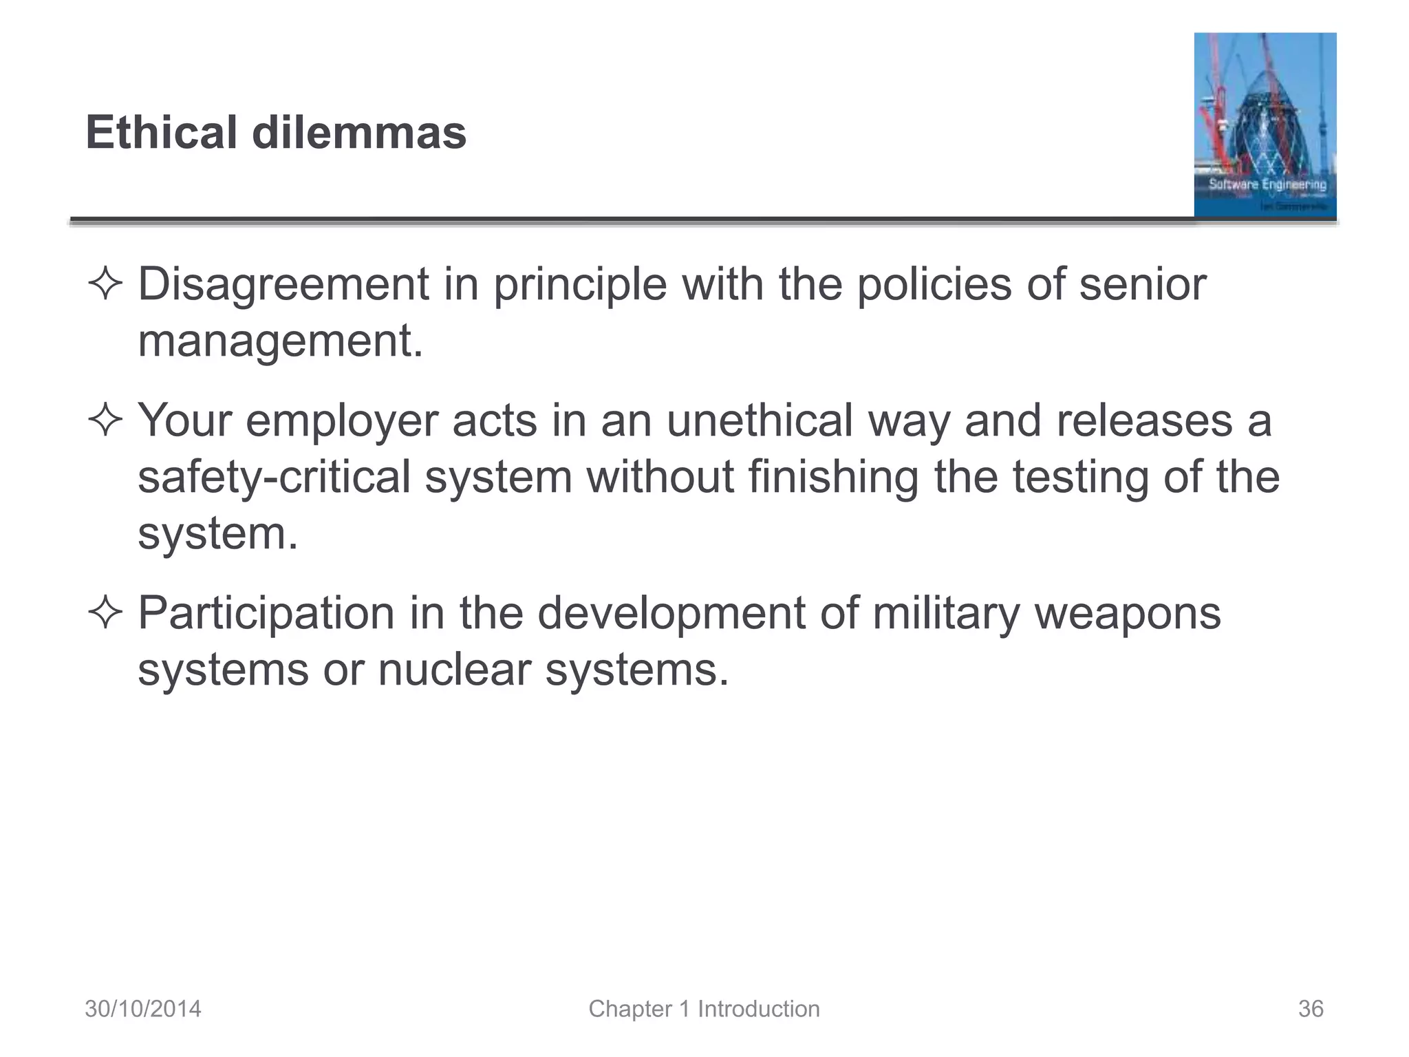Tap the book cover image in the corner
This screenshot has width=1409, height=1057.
pyautogui.click(x=1265, y=125)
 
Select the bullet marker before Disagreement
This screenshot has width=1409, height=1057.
pyautogui.click(x=105, y=284)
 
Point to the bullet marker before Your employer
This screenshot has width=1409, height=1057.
pyautogui.click(x=105, y=420)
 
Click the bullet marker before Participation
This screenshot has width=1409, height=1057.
pyautogui.click(x=105, y=612)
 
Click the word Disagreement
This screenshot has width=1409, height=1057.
pyautogui.click(x=283, y=284)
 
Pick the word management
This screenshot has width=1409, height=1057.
pyautogui.click(x=279, y=341)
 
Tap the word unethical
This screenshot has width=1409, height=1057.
pyautogui.click(x=760, y=420)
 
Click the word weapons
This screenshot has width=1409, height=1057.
pyautogui.click(x=1128, y=612)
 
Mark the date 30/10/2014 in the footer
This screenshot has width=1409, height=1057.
pyautogui.click(x=143, y=1009)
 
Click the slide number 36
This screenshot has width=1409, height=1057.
pyautogui.click(x=1311, y=1009)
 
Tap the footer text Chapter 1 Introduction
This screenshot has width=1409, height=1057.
pyautogui.click(x=704, y=1009)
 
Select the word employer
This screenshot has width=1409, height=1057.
pyautogui.click(x=342, y=420)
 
